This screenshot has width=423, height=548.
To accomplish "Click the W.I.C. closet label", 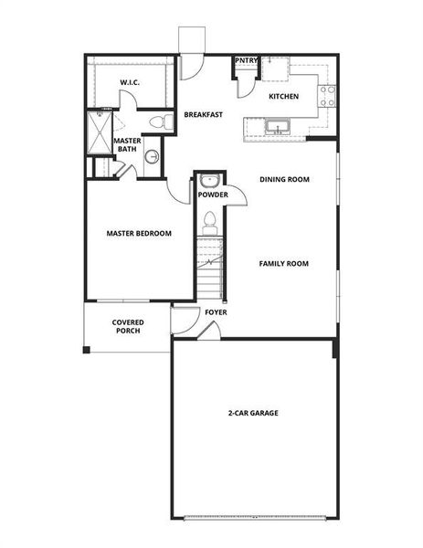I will click(128, 83).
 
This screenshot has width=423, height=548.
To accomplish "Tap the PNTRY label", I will click(246, 61).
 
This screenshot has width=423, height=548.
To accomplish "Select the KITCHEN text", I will click(284, 96).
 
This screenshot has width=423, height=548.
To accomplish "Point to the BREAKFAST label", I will click(204, 115).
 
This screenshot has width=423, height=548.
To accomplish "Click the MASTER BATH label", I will click(127, 144).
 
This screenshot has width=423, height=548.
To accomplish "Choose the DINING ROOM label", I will click(285, 179).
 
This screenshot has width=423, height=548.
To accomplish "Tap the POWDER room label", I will click(213, 195).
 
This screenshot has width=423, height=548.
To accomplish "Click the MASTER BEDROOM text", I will click(139, 233).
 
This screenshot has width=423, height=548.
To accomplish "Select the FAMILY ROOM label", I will click(283, 264).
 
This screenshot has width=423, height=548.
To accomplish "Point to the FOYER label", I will click(216, 312).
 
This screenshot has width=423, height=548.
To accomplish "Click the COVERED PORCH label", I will click(127, 327).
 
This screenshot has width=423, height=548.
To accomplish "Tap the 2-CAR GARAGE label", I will click(253, 413).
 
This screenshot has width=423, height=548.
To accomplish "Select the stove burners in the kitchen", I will click(326, 94).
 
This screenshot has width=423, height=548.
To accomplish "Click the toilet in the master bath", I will click(156, 121).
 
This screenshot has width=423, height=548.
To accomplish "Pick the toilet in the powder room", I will click(210, 220).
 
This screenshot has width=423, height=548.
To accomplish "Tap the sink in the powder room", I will click(209, 179).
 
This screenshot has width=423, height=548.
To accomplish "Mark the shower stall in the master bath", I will click(99, 133).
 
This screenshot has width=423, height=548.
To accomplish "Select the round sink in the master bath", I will click(151, 156).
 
